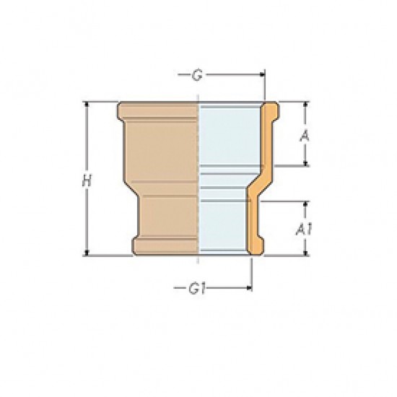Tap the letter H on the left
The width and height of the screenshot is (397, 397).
[87, 182]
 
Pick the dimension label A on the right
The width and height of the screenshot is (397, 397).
[306, 135]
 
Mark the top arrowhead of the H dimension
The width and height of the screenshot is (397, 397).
[87, 105]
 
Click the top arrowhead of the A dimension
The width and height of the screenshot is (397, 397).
[306, 105]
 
